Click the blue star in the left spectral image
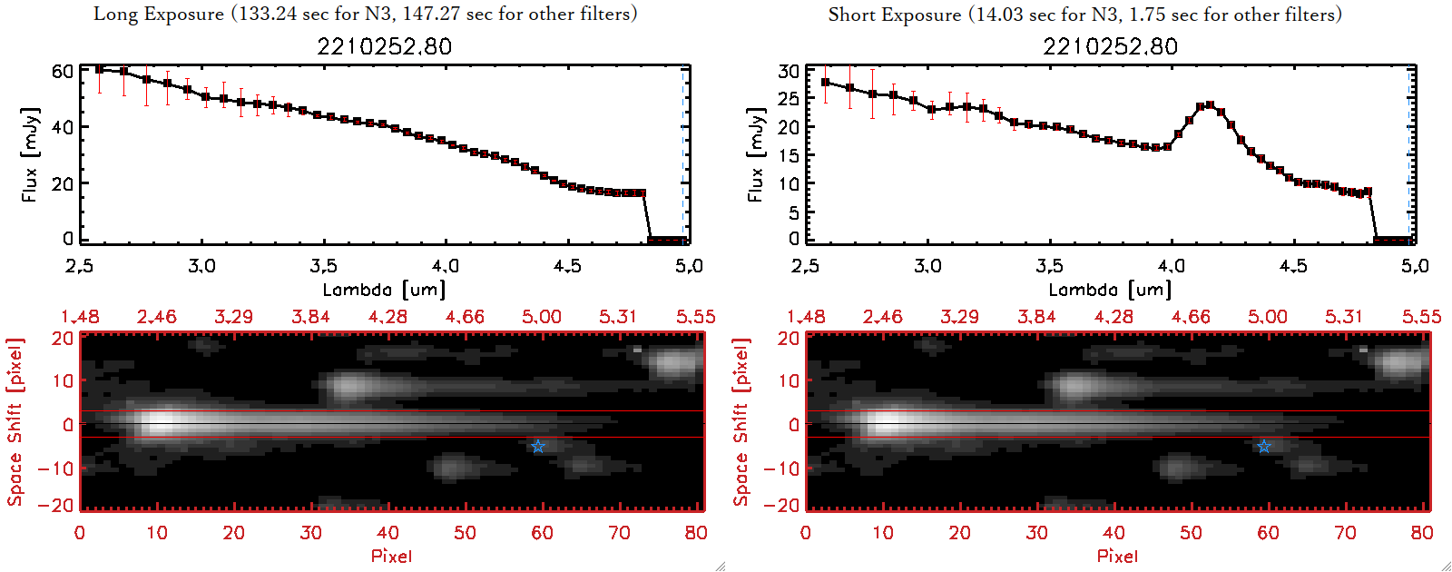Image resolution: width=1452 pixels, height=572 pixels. [538, 446]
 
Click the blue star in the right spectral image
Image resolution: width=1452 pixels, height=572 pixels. [1264, 446]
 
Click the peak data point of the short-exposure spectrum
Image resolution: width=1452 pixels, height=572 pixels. [1210, 105]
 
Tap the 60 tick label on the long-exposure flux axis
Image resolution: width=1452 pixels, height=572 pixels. [62, 71]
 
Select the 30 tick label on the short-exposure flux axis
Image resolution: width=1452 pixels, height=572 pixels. [789, 71]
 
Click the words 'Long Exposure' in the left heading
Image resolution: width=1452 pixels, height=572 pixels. [159, 14]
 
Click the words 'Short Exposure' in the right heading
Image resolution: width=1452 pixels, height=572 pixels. [894, 15]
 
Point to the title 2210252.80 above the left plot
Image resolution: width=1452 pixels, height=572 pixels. [384, 46]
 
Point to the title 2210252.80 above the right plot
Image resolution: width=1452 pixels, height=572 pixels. [1110, 46]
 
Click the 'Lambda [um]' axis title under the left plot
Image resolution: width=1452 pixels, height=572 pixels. [384, 290]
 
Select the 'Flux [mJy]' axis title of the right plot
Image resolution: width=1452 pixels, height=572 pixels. [755, 154]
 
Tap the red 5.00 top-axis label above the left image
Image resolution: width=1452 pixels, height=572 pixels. [541, 317]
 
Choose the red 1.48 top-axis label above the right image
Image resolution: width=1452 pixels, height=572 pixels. [806, 317]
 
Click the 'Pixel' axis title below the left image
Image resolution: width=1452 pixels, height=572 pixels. [391, 556]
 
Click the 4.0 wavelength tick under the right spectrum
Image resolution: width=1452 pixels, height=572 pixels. [1171, 266]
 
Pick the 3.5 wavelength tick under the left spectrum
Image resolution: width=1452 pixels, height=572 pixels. [323, 266]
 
